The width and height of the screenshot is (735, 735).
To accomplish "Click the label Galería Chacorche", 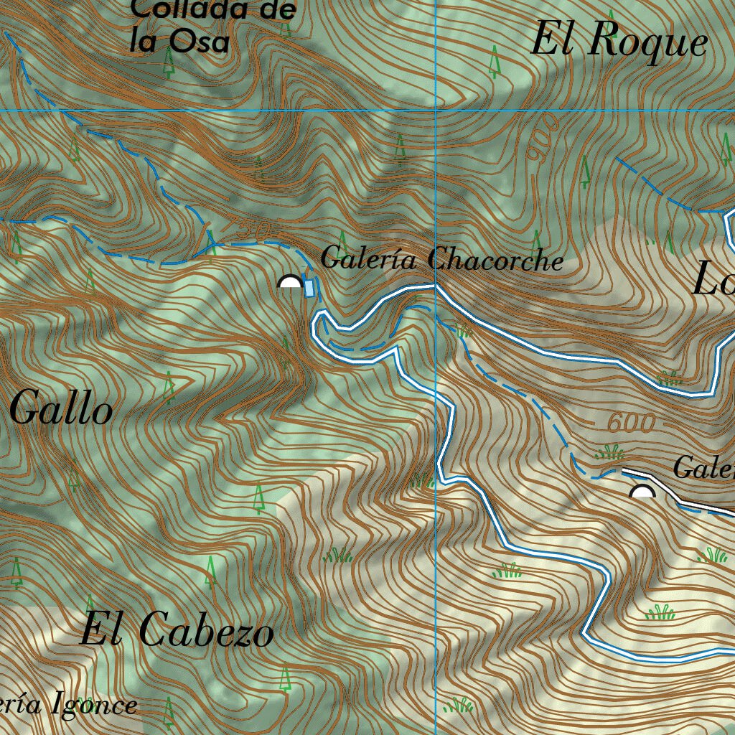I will click(x=441, y=258).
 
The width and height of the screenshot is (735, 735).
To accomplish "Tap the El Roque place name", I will click(x=619, y=42).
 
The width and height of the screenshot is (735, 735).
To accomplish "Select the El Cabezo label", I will click(x=177, y=631).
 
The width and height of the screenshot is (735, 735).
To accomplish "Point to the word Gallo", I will click(x=62, y=411).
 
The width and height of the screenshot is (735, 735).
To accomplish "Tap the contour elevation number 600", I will click(x=632, y=423).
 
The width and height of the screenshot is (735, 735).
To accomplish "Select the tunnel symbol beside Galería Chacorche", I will click(x=290, y=281).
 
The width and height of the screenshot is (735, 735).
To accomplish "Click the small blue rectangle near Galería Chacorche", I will click(x=309, y=288).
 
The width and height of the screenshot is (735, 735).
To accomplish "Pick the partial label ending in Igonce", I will click(x=68, y=705).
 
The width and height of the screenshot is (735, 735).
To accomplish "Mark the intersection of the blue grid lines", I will click(x=436, y=111).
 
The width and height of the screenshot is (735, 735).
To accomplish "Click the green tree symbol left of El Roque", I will click(x=494, y=62).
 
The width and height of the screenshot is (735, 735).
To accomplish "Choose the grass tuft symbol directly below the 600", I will click(x=609, y=452).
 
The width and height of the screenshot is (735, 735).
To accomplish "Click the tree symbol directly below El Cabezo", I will click(x=285, y=678).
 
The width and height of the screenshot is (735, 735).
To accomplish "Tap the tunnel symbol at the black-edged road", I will click(x=642, y=492).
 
